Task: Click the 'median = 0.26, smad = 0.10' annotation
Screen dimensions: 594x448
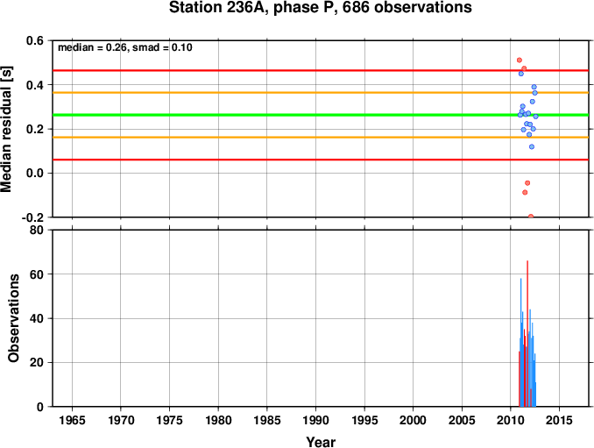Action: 125,47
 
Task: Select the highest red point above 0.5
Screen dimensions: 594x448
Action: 520,60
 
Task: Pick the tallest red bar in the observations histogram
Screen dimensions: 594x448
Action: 527,333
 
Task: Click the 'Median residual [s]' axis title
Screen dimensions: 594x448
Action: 6,129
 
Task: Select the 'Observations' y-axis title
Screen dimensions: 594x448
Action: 13,318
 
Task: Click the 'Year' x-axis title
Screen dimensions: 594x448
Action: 321,442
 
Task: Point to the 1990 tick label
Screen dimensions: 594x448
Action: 315,420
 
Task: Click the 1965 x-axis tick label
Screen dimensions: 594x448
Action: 72,420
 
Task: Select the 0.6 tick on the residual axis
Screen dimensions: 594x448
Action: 35,40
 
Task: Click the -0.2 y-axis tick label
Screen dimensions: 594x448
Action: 32,217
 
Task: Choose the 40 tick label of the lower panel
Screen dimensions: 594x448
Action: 37,318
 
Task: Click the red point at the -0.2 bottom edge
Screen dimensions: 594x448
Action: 531,216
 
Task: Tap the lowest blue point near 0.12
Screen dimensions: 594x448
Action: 532,146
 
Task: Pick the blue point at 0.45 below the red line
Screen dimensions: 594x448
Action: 521,74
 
